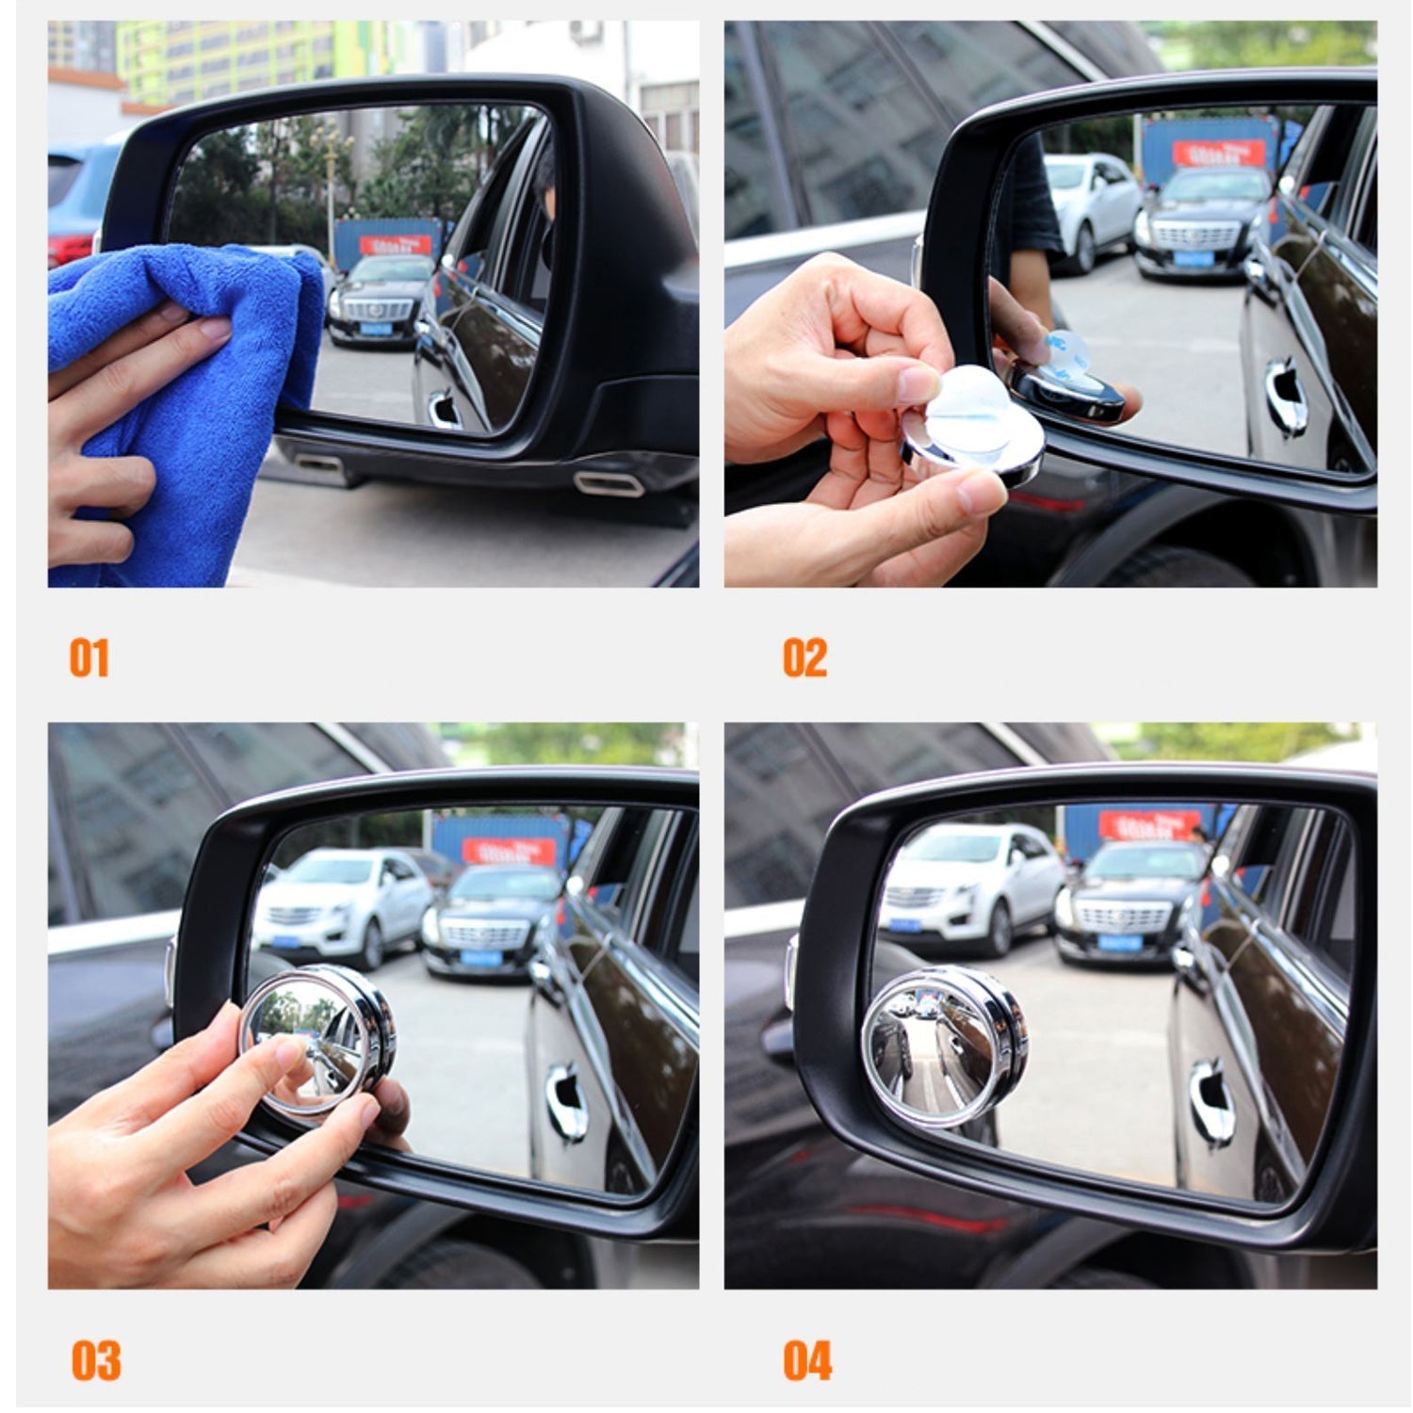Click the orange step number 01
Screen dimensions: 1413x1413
tap(89, 658)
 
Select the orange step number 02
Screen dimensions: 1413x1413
tap(804, 658)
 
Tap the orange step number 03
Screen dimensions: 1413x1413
tap(95, 1360)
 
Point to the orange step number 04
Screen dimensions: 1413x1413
tap(807, 1360)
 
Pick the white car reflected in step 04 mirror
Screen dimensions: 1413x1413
tap(970, 885)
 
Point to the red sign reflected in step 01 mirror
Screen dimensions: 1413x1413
tap(396, 245)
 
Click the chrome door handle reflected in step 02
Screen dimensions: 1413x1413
tap(1287, 396)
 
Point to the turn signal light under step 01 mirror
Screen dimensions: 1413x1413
tap(608, 483)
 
